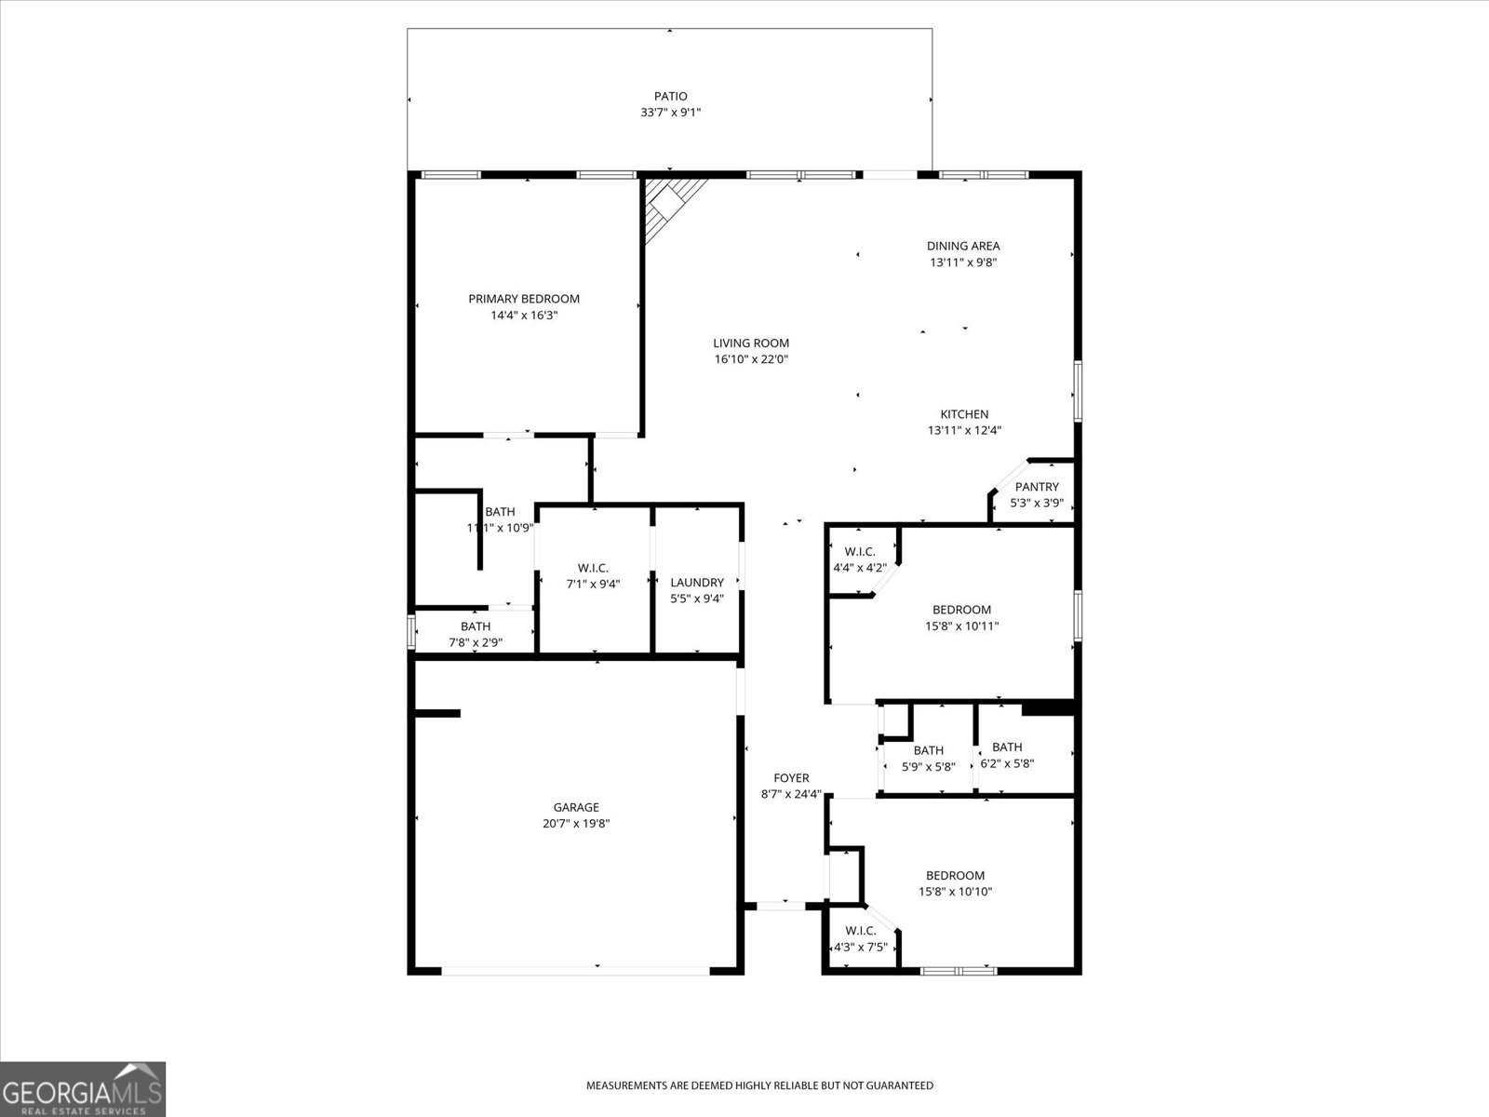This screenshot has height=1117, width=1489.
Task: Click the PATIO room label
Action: coord(670,96)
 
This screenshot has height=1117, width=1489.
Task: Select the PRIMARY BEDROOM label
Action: coord(524,299)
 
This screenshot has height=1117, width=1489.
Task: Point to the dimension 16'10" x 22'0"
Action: coord(751,359)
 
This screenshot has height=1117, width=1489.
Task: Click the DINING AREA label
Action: coord(963,246)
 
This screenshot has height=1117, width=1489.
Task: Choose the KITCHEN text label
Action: coord(964,414)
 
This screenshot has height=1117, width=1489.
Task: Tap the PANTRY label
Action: coord(1037,487)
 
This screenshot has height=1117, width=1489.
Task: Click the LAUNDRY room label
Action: coord(697,583)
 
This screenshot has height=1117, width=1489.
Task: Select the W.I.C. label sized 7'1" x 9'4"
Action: coord(593,568)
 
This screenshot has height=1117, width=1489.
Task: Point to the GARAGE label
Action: coord(576,807)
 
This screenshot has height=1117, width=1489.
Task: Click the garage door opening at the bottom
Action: coord(576,971)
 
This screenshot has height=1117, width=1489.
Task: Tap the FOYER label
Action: coord(791,778)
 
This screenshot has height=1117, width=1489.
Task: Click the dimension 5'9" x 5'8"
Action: coord(928,767)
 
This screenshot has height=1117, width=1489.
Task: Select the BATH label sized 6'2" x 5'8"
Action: coord(1007,747)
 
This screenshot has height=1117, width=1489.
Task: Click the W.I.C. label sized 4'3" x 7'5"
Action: coord(861,931)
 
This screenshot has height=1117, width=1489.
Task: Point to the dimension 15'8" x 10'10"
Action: coord(956,892)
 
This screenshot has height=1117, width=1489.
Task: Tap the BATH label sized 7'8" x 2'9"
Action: coord(475,626)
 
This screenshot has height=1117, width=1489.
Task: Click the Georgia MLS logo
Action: coord(83,1088)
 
